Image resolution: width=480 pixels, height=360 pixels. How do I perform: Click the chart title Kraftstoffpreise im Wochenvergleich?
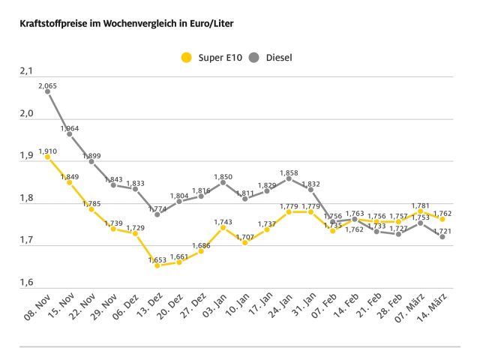click(120, 24)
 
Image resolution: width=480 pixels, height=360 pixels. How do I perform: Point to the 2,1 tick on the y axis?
click(27, 71)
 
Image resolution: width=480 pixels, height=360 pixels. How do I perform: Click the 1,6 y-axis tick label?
click(27, 283)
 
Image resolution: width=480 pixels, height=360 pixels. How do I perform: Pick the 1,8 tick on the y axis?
click(27, 199)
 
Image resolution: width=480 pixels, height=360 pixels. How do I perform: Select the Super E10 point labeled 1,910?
click(47, 157)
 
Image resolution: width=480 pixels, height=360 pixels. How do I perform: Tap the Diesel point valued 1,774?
click(157, 214)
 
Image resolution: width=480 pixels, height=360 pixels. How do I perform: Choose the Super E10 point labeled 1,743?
click(223, 227)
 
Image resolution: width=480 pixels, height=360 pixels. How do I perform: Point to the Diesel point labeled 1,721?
click(443, 236)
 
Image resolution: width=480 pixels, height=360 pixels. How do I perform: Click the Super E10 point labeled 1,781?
click(421, 211)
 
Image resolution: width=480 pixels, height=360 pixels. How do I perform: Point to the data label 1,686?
click(201, 244)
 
